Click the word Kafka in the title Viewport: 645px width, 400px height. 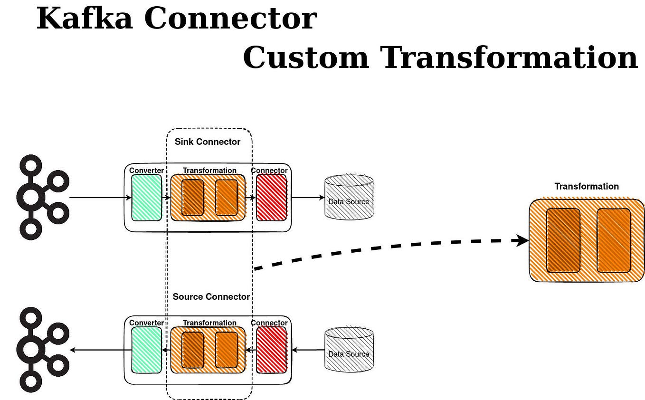coord(85,18)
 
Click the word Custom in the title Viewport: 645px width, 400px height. coord(306,57)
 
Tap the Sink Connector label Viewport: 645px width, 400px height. coord(207,142)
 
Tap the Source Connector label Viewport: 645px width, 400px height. coord(211,296)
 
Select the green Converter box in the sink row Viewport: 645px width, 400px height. coord(147,198)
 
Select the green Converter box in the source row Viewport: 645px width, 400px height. coord(147,350)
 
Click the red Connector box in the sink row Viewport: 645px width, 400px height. coord(272,198)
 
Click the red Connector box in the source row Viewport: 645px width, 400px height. coord(272,350)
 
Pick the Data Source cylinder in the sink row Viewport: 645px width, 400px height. coord(349,197)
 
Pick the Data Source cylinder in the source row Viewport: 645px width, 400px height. coord(349,349)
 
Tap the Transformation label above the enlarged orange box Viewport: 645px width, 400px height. coord(587,186)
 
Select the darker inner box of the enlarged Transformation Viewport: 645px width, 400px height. coord(563,240)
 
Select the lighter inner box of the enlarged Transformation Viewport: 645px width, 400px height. coord(614,240)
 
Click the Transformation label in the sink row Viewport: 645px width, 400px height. coord(209,171)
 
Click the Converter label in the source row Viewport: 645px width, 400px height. coord(146,323)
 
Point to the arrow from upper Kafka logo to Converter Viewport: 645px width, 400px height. coord(101,198)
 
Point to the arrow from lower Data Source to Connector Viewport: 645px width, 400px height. coord(308,350)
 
